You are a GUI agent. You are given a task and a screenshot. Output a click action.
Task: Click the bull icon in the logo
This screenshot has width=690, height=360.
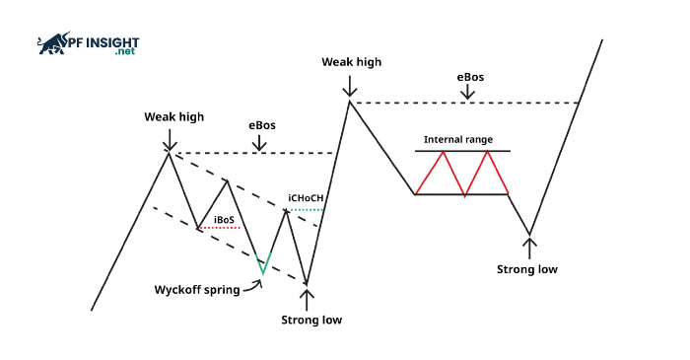coord(52,43)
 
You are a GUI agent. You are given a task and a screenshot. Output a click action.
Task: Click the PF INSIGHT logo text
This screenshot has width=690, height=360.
coord(103,42)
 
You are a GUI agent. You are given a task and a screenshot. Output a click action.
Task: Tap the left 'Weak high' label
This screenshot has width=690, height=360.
coord(174,116)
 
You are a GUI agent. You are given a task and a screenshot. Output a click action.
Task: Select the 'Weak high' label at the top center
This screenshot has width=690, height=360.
coord(351,62)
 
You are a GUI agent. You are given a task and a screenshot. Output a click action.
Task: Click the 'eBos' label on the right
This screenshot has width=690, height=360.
coord(469,76)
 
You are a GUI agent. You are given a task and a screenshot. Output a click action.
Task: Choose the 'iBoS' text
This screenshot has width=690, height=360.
coord(224,219)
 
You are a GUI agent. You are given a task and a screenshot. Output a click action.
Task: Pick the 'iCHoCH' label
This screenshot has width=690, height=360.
coord(305,198)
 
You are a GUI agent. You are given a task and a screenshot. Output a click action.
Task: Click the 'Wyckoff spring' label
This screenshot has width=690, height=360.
coord(197,290)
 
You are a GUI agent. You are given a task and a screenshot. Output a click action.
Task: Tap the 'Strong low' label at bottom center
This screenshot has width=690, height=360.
coord(311,320)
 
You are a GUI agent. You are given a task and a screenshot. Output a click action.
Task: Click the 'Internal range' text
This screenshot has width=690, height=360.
coord(458,140)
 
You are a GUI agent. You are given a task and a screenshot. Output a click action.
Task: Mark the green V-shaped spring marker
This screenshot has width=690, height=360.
coord(263,263)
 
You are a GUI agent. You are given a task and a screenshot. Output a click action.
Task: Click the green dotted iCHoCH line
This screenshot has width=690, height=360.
coord(307,209)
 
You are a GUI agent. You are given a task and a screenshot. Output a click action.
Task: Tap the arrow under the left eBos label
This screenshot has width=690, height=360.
coord(259,143)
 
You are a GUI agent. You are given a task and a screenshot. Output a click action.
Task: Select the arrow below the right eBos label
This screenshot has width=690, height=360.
coord(469,93)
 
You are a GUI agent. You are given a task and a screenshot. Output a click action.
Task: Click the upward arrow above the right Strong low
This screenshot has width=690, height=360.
coord(530,247)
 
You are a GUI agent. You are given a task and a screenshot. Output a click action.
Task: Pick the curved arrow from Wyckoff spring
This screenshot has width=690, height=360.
coord(253,285)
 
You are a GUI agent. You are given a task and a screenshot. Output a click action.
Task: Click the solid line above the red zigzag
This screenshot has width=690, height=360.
coord(462,150)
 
